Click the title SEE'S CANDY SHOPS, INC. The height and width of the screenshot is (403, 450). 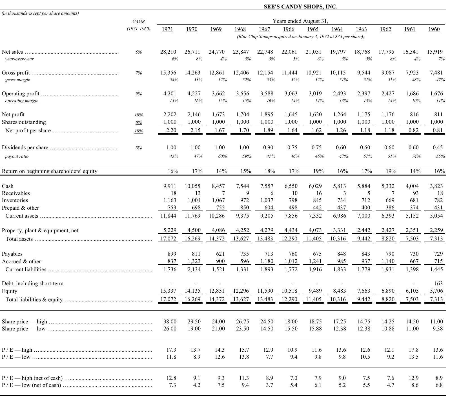coord(300,6)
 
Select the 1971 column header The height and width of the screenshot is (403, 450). coord(167,29)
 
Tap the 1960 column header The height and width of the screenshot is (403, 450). coord(434,29)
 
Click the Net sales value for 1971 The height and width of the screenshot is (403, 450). coord(168,52)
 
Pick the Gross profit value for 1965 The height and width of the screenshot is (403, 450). coord(314,73)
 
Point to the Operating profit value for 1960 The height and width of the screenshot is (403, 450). coord(437,93)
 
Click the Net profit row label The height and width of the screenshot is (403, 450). coord(13,114)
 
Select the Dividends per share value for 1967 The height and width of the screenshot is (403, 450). coord(268,147)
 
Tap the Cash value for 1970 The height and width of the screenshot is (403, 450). coord(192,186)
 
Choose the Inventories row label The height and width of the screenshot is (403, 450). coord(15,200)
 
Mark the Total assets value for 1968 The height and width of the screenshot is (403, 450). coord(241,238)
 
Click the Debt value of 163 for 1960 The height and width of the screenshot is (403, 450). coord(439,283)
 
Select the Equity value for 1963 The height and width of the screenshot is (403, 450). coord(364,291)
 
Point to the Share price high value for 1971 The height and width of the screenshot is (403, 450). coord(170,321)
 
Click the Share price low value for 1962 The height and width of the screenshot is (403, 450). coord(388,328)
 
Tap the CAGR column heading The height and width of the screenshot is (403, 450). coord(138,22)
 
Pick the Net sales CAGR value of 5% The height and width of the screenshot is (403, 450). coord(138,52)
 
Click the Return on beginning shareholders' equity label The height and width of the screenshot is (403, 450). coord(50,171)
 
